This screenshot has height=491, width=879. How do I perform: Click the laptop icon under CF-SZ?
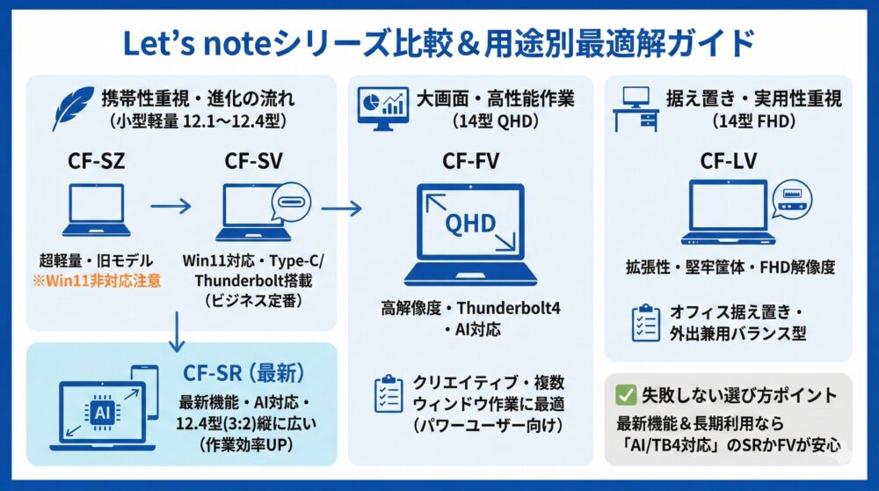(98, 211)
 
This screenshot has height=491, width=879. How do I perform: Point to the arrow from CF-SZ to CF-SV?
(171, 209)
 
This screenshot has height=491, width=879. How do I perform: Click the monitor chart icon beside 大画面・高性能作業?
(383, 108)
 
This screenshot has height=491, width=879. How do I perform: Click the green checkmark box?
(627, 394)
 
